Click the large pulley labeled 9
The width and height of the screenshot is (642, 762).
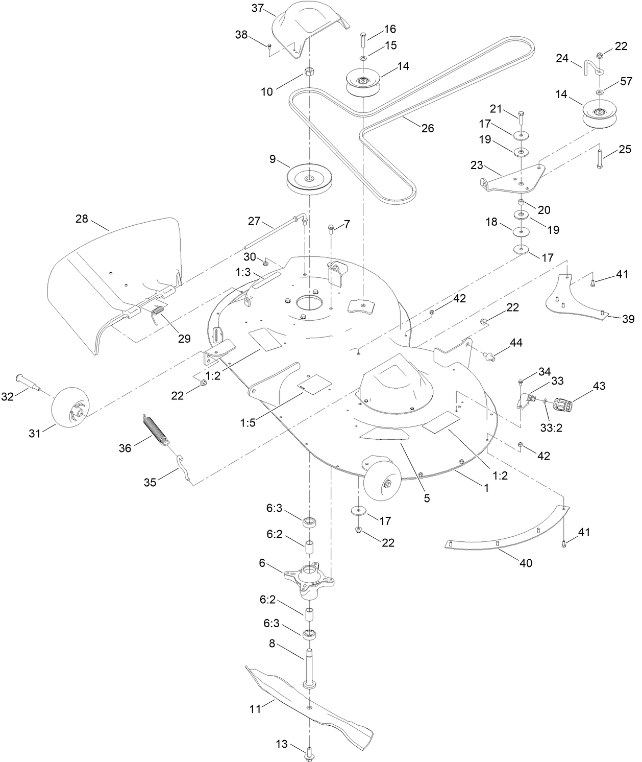[309, 178]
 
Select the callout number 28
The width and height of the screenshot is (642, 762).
[82, 219]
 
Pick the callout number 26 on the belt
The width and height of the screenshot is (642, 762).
[427, 128]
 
